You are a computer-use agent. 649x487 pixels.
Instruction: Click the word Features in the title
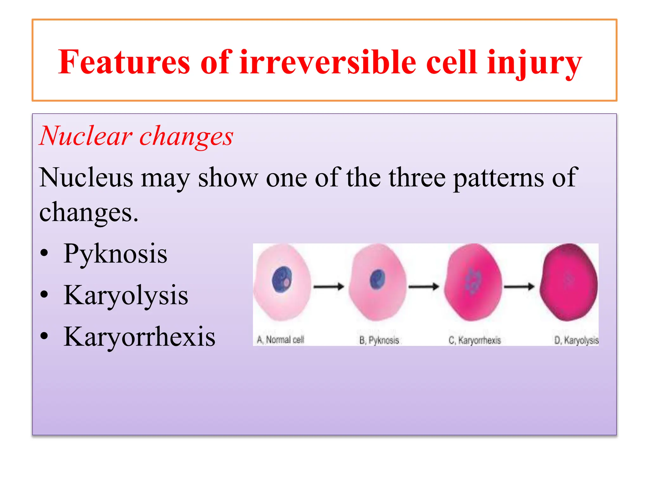(124, 62)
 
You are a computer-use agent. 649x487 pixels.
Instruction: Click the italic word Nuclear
(86, 136)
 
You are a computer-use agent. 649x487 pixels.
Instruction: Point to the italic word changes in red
(186, 137)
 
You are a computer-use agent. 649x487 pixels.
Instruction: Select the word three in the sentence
(417, 178)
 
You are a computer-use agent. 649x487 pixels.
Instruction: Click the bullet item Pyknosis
(115, 254)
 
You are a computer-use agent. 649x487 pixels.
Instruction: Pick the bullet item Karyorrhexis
(139, 337)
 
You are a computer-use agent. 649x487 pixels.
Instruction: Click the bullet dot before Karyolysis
(44, 295)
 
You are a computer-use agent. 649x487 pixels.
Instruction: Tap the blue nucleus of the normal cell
(282, 279)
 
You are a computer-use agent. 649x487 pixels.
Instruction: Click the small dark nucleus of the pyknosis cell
(377, 279)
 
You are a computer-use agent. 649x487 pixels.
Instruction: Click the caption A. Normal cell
(280, 340)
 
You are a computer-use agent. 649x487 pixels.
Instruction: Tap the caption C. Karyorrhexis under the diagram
(474, 341)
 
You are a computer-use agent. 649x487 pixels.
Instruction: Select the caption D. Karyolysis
(576, 341)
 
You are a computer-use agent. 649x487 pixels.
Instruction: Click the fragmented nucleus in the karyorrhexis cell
(472, 281)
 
